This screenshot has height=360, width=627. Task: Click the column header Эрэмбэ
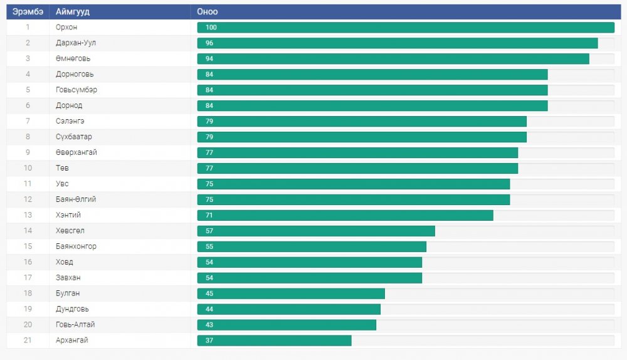coord(28,12)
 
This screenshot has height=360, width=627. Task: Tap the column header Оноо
coord(207,12)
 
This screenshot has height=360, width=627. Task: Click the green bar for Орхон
coord(406,28)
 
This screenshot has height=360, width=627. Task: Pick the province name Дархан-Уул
coord(76,43)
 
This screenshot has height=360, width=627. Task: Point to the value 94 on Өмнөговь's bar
coord(209,59)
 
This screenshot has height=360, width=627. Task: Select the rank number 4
coord(28,75)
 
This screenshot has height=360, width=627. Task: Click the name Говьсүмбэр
coord(76,90)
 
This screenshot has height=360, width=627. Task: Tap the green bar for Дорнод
coord(372,106)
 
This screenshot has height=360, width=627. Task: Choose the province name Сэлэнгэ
coord(70,122)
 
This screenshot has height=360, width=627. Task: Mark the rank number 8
coord(28,137)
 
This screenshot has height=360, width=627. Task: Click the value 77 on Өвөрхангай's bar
coord(209,153)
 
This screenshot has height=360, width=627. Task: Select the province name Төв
coord(62,169)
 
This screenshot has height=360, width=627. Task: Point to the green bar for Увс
coord(354,184)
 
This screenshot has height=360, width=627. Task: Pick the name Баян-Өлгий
coord(76,200)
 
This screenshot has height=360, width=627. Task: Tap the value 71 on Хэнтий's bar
coord(209,216)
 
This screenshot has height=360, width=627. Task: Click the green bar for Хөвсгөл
coord(316,231)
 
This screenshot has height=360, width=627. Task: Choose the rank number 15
coord(28,247)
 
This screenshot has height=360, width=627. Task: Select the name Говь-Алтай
coord(75,325)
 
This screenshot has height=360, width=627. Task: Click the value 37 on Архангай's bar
coord(209,341)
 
